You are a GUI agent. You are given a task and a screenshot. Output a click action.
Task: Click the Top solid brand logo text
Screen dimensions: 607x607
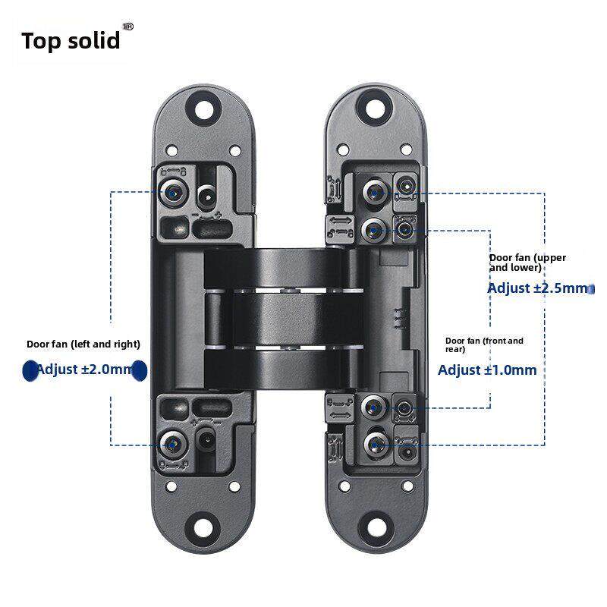71,40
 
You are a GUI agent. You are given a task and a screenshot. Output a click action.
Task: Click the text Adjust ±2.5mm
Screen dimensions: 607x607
537,288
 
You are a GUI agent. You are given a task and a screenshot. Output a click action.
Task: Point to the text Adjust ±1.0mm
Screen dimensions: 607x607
488,370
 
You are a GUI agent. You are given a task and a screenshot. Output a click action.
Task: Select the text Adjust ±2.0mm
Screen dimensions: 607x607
83,370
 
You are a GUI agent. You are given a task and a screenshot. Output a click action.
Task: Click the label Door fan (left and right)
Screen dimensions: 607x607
83,344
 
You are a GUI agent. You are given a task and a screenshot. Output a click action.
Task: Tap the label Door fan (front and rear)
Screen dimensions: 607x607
484,345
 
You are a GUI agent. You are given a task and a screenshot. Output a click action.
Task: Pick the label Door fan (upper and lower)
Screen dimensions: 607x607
527,263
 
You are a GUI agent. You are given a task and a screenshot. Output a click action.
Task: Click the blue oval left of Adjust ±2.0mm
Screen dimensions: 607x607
29,370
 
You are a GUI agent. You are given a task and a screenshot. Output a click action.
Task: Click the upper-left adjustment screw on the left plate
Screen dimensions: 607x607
174,193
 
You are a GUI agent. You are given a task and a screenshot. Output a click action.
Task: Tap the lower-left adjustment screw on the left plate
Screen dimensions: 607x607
174,442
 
